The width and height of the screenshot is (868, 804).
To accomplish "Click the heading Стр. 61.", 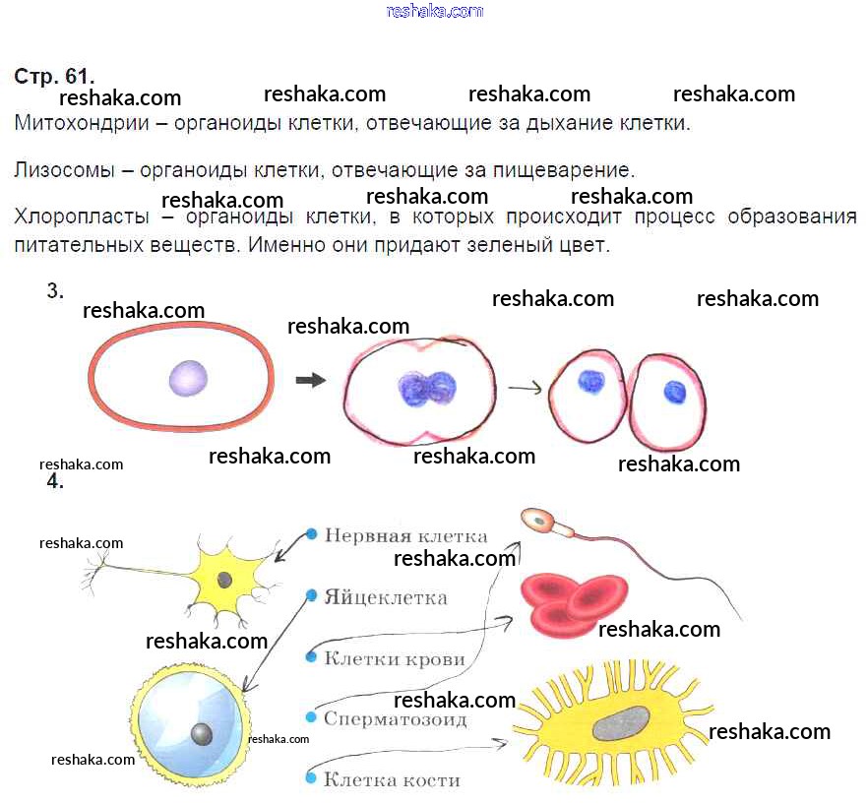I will tap(54, 77).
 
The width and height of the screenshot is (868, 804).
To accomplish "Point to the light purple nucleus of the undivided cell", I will tap(188, 378).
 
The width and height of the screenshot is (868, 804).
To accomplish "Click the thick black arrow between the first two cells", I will tap(311, 380).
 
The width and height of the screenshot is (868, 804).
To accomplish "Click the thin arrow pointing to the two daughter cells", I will tap(525, 388).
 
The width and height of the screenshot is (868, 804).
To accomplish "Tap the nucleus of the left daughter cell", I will tap(590, 381).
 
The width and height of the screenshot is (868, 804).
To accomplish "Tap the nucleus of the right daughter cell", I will tap(674, 392).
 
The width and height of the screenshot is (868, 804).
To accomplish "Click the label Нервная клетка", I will tap(405, 536).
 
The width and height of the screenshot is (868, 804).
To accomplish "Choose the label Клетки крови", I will tap(394, 659).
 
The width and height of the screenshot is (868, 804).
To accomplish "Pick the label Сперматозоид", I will tap(395, 719).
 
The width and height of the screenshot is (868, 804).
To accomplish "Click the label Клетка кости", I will tap(392, 780).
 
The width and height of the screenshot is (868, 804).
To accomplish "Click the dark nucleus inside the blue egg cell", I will tap(201, 733).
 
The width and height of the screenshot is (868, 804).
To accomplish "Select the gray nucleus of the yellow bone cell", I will tap(619, 723).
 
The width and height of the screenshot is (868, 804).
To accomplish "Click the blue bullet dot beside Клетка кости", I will tap(311, 779).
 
